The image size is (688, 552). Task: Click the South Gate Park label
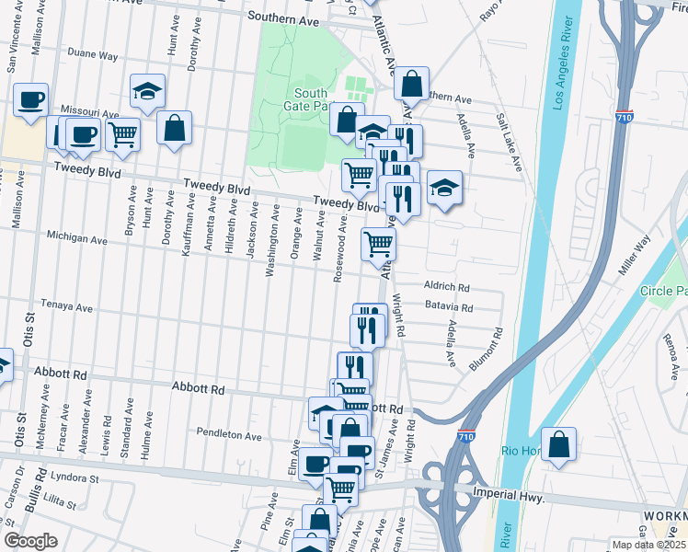312,99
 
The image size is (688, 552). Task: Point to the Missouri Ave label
97,114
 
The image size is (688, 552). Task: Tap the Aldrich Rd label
447,285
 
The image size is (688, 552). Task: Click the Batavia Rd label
448,308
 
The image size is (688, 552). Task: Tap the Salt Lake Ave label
509,143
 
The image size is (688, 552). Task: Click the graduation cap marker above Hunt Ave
147,91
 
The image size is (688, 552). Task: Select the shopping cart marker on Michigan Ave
378,244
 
